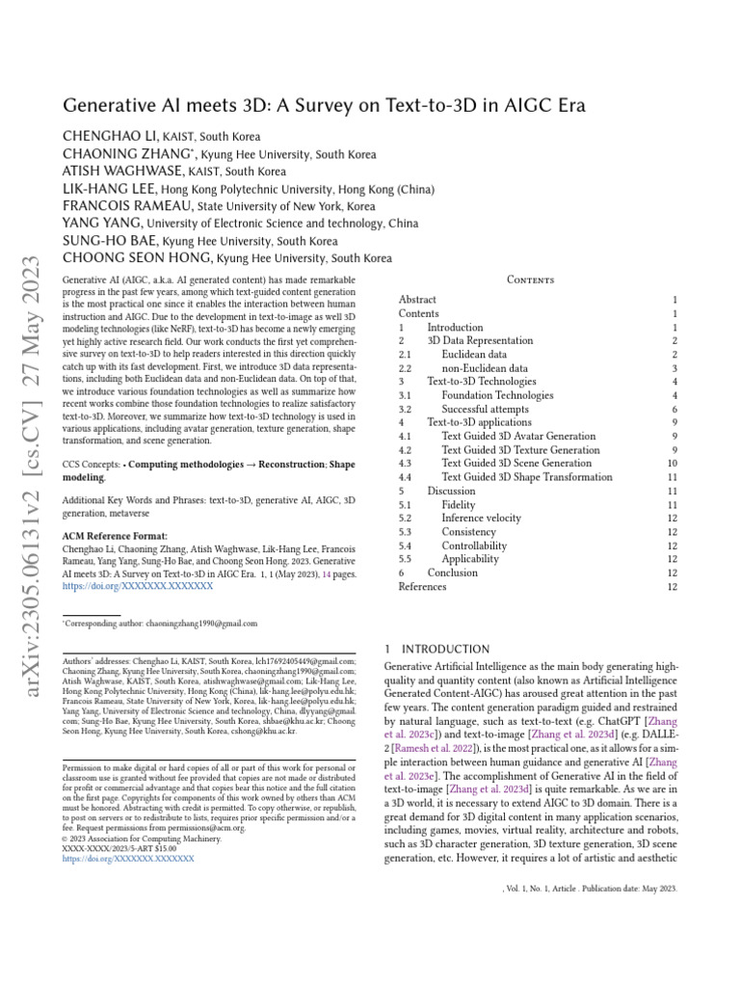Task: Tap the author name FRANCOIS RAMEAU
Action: pyautogui.click(x=127, y=206)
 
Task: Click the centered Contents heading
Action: pyautogui.click(x=531, y=280)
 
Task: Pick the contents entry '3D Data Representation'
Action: pyautogui.click(x=480, y=340)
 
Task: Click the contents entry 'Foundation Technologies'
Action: pyautogui.click(x=497, y=395)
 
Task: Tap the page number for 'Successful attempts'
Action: pyautogui.click(x=674, y=409)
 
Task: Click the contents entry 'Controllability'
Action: pyautogui.click(x=474, y=546)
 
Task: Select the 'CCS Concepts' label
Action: pyautogui.click(x=92, y=464)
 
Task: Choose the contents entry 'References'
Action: pyautogui.click(x=423, y=586)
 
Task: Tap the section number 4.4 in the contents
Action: pyautogui.click(x=406, y=477)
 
